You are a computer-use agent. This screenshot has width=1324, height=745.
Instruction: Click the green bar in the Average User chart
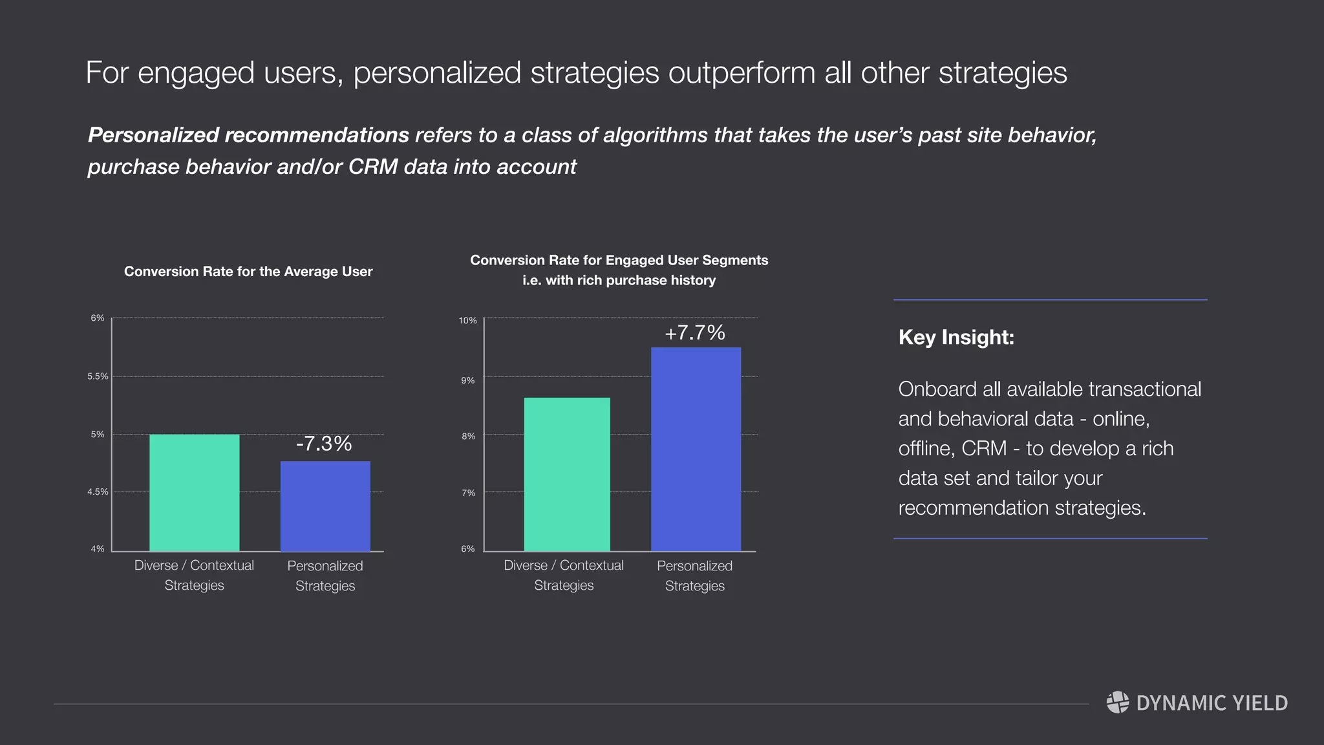[194, 493]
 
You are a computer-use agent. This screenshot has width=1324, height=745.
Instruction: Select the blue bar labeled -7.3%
[325, 506]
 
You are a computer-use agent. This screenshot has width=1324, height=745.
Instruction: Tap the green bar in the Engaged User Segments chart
[567, 474]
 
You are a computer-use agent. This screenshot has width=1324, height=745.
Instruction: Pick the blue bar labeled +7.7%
[696, 449]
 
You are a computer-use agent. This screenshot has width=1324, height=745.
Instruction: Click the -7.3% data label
[324, 444]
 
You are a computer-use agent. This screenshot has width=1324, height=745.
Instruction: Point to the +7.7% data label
[695, 332]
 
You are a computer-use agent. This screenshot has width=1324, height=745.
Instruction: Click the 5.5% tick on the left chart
[98, 376]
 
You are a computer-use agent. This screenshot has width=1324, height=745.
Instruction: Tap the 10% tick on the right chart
[467, 321]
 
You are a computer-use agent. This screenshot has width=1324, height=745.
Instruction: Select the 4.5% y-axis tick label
[98, 492]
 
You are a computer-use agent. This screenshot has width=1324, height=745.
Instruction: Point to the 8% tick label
[468, 437]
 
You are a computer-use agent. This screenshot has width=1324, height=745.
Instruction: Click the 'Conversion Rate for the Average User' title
[248, 272]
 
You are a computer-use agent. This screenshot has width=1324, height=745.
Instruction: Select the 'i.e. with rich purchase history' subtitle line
[619, 281]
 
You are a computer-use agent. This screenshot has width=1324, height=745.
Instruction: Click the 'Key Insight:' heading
[956, 338]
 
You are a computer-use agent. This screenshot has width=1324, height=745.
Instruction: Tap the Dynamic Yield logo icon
[1118, 702]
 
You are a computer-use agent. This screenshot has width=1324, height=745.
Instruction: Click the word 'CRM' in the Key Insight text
[984, 449]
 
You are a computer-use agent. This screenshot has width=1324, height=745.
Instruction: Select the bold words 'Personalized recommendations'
[248, 135]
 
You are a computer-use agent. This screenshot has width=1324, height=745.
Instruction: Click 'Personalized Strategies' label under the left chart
[325, 576]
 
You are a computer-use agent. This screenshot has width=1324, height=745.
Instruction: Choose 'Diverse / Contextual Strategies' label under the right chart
[564, 575]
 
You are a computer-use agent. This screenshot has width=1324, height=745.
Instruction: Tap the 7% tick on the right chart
[468, 493]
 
